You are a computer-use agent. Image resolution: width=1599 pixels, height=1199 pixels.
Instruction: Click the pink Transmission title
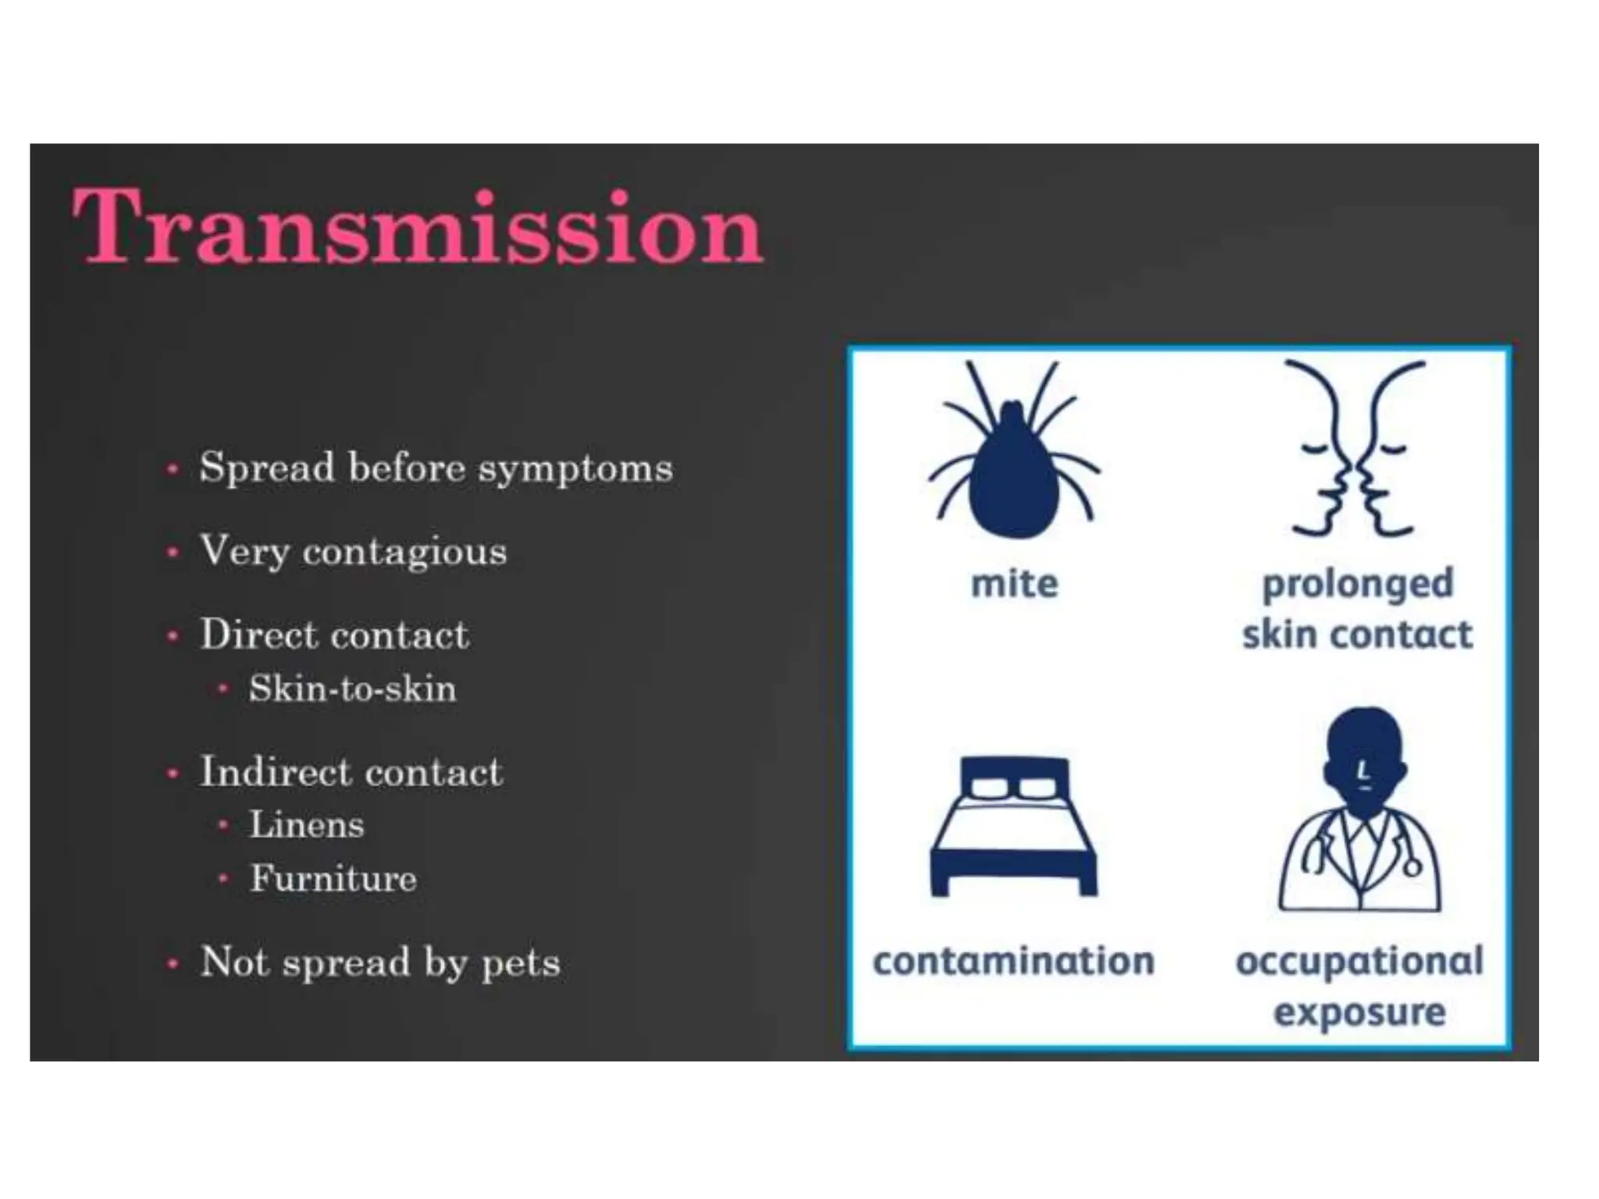418,227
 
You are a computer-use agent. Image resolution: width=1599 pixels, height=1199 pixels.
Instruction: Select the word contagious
404,553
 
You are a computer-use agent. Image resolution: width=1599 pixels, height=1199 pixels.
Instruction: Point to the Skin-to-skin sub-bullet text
352,689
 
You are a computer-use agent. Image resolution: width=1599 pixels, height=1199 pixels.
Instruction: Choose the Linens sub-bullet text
306,825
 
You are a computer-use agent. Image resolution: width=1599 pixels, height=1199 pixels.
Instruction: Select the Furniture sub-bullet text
333,879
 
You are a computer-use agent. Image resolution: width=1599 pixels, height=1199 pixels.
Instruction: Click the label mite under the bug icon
1014,584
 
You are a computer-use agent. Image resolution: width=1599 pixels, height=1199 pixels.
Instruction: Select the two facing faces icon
1357,450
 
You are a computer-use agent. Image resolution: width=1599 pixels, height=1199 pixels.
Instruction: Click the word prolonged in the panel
1357,585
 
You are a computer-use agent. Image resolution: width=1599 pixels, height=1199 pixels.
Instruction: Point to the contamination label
1013,961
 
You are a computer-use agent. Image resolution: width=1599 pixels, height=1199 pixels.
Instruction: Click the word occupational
1359,961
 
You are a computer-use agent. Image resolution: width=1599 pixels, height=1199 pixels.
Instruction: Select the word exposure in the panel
1359,1012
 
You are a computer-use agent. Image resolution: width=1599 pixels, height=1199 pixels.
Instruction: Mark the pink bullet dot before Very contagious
173,553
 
